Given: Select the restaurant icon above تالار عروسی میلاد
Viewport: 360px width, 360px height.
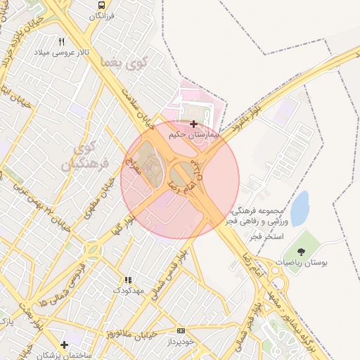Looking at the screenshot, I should point(61,41).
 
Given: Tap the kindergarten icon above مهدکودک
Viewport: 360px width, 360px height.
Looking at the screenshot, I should point(127,279).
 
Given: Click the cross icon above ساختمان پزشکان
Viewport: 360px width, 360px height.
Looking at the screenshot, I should point(64,345).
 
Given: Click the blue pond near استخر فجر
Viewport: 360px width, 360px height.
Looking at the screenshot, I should point(300,208).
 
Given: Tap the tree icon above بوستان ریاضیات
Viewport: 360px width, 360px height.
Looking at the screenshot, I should point(301,251).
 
